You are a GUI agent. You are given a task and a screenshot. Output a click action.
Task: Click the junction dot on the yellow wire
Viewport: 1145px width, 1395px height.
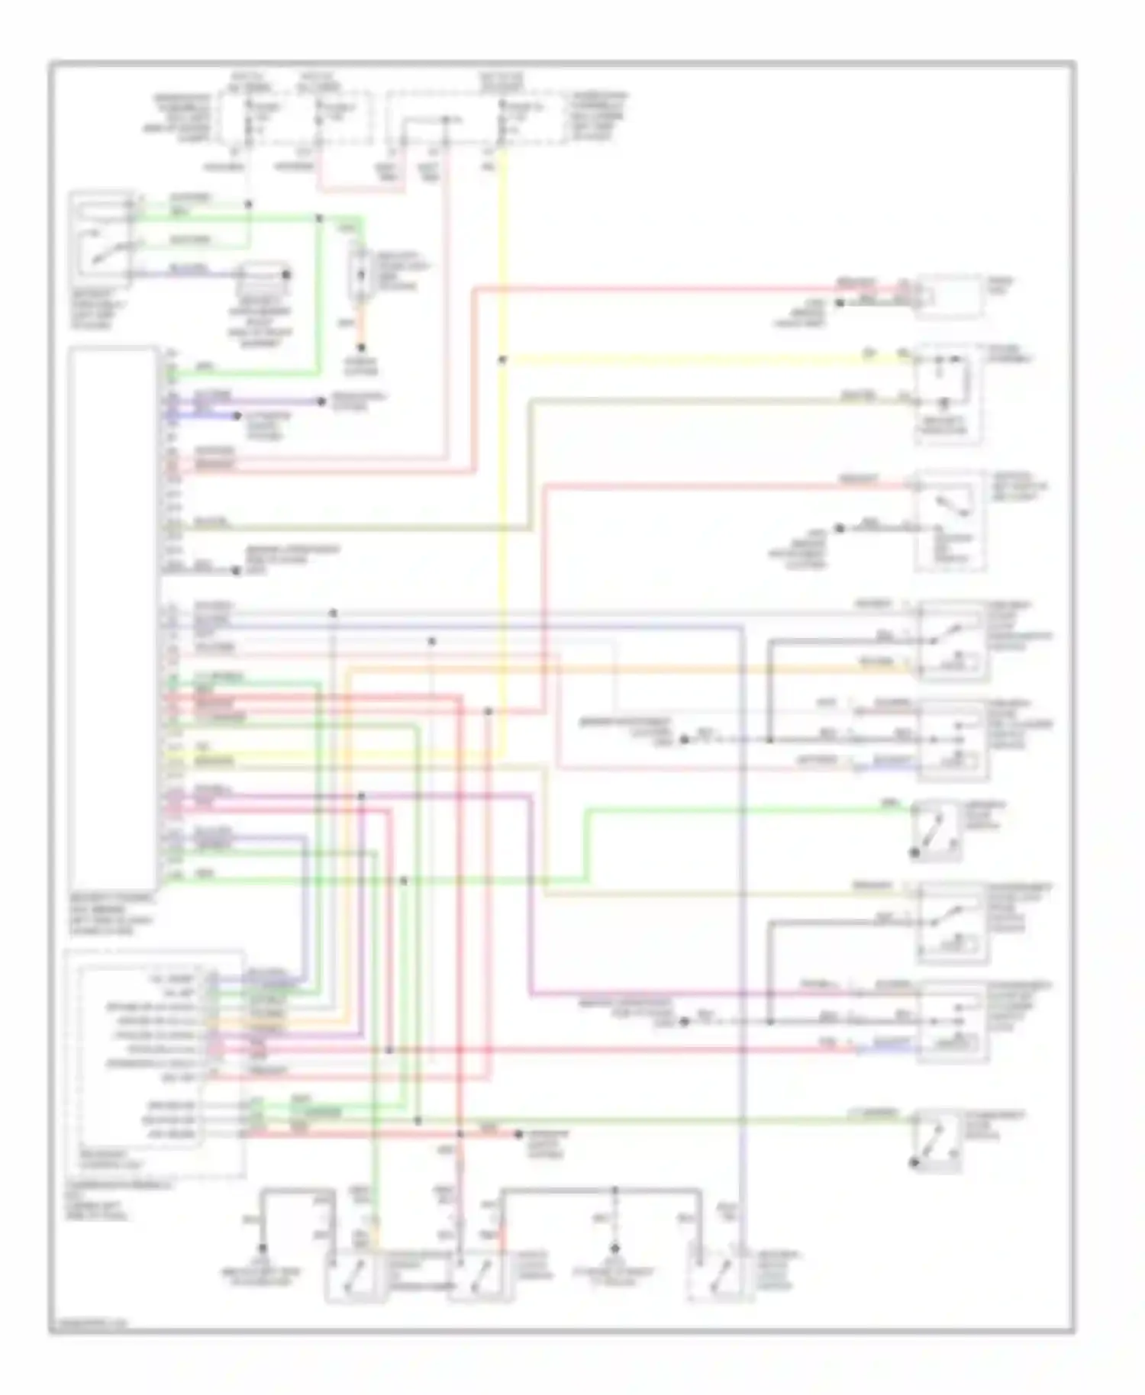(x=502, y=359)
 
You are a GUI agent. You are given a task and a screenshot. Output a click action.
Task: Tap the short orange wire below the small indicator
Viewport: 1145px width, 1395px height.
(x=362, y=327)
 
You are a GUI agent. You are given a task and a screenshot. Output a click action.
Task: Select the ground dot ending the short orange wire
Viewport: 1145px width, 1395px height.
(x=362, y=348)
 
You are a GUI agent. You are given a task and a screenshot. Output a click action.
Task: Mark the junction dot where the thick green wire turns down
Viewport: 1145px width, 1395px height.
(x=319, y=218)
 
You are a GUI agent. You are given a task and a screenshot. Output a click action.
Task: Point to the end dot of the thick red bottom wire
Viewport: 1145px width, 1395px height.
(x=518, y=1134)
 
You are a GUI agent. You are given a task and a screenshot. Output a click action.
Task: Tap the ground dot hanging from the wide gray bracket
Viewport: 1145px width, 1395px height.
(x=612, y=1248)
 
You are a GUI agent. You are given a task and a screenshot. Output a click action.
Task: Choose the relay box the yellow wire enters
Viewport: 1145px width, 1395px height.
(x=949, y=393)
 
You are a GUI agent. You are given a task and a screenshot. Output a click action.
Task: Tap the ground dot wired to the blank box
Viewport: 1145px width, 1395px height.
(x=838, y=303)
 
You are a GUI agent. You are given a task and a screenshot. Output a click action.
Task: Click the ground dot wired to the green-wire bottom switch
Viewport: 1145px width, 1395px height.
(x=262, y=1248)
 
